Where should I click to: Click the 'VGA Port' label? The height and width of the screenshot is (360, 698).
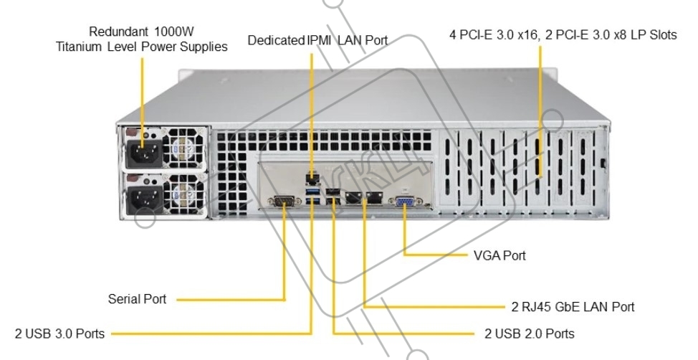(x=499, y=255)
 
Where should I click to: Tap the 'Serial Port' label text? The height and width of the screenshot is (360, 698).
(x=137, y=298)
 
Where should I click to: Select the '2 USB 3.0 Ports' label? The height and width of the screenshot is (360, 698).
(x=59, y=333)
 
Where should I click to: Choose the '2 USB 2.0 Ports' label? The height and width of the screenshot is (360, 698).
(x=529, y=333)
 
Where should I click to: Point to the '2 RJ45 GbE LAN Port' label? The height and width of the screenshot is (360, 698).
(x=573, y=307)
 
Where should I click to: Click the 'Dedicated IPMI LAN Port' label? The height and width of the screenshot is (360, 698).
(x=317, y=41)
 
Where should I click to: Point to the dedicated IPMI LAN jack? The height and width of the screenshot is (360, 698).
(x=311, y=177)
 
